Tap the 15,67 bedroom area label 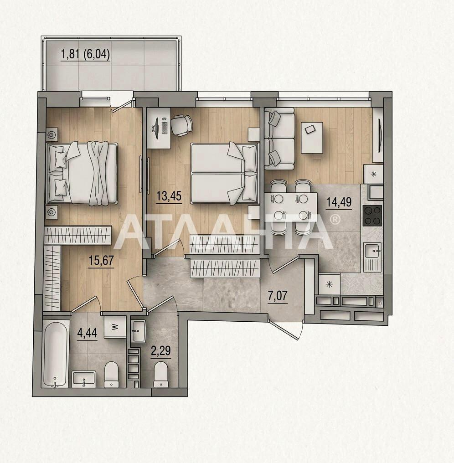point(101,261)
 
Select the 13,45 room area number point(169,196)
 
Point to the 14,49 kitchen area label point(339,202)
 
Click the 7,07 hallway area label point(278,296)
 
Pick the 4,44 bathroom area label point(87,333)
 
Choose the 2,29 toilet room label point(161,351)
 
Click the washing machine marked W point(115,327)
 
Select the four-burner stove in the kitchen point(372,216)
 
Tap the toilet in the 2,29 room point(161,374)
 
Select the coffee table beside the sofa point(312,138)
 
